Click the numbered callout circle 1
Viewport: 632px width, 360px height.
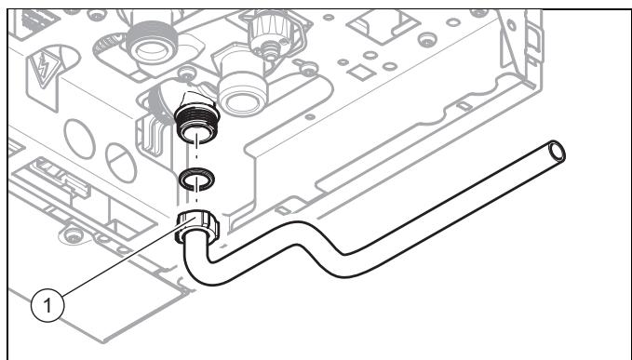47,305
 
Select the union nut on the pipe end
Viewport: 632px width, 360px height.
196,228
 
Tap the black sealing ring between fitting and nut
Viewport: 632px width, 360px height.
196,179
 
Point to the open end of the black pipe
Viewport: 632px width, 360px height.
558,152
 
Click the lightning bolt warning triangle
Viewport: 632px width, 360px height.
43,69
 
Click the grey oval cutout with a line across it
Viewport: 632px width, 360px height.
121,163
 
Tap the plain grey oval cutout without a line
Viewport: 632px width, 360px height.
79,139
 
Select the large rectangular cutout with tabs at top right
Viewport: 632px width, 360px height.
383,24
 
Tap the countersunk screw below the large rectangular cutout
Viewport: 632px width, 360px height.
427,39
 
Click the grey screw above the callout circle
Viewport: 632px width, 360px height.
74,234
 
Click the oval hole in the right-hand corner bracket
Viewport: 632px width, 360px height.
512,25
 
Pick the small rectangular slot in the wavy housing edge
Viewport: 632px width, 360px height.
464,105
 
